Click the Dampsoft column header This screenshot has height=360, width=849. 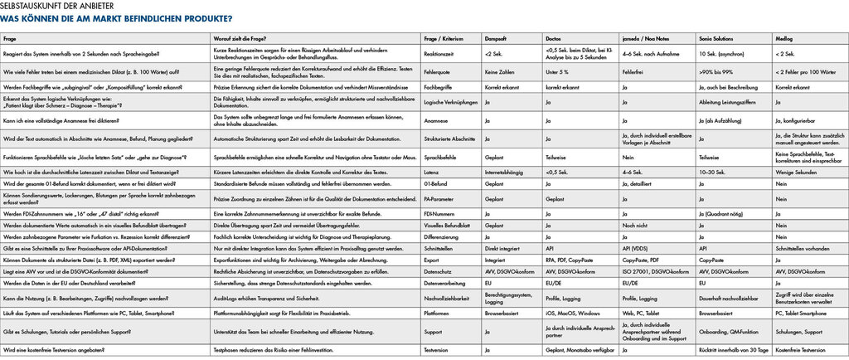point(497,39)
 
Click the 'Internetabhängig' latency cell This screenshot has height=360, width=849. point(503,172)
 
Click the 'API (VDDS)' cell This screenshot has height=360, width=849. point(637,247)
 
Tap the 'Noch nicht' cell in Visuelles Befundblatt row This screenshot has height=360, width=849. point(634,225)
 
